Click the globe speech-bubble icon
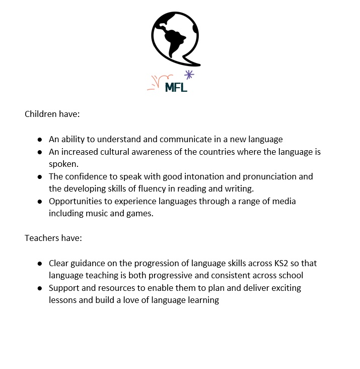coord(175,38)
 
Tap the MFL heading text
coord(176,87)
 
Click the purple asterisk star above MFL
coord(189,75)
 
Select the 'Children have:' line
coord(52,114)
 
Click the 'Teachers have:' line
coord(53,237)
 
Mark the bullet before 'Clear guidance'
coord(40,263)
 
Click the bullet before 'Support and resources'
coord(40,288)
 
